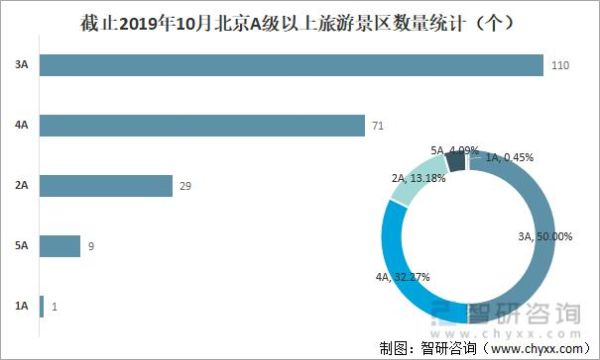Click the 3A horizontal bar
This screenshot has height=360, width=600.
[x=290, y=65]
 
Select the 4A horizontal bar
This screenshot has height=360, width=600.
[x=200, y=125]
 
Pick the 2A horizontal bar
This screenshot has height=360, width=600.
[x=105, y=186]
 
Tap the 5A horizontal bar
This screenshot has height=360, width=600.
[x=59, y=246]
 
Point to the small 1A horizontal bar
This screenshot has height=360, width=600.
[x=41, y=306]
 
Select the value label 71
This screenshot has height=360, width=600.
[x=378, y=126]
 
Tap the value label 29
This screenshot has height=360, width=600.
[x=185, y=186]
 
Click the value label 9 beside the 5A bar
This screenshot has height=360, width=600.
[x=90, y=246]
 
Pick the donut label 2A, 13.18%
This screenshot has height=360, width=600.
[x=410, y=179]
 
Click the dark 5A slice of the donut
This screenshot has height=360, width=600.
[x=456, y=160]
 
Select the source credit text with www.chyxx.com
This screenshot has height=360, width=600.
[x=485, y=347]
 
